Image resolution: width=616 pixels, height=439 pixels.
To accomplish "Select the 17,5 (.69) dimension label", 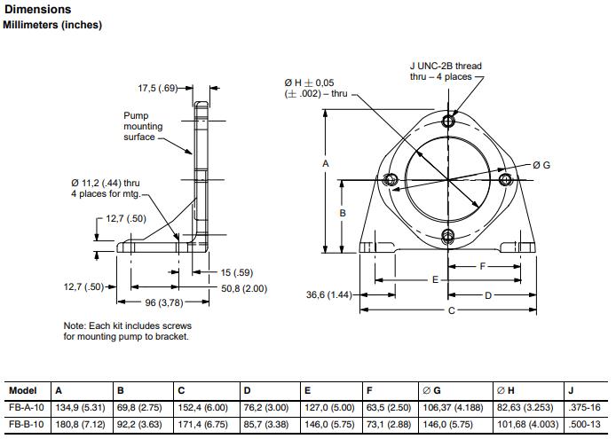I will point(159,88).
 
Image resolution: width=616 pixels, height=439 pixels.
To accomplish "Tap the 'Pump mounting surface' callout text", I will point(143,126).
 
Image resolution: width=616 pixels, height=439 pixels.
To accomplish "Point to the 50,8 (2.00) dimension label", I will point(243,288).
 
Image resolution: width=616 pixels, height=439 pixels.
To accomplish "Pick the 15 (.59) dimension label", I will point(237,272).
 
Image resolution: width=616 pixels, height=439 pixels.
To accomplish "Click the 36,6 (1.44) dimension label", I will point(329,294).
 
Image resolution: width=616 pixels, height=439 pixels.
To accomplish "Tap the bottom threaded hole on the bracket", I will point(448,235).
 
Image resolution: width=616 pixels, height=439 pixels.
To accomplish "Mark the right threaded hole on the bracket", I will point(507,180).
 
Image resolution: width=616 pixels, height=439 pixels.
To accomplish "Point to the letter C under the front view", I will point(451,310).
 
